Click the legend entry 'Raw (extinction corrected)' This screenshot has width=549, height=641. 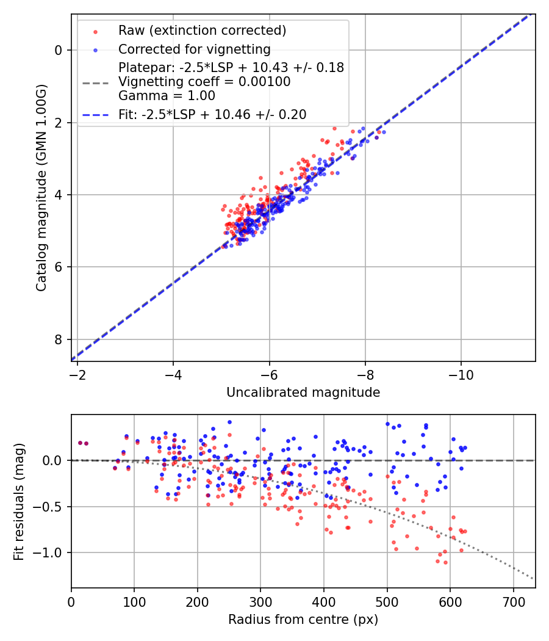pos(203,31)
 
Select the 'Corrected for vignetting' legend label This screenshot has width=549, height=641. pos(195,49)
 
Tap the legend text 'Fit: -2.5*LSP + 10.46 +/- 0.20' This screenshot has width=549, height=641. pos(212,114)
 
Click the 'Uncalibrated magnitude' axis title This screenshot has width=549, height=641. pos(303,393)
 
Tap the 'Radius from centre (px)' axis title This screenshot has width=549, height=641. pos(303,620)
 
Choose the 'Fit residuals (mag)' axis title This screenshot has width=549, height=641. pos(18,501)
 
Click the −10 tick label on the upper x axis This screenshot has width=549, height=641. pos(461,374)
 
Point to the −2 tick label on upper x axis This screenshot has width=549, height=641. pos(77,374)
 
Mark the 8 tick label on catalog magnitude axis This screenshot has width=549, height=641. pos(59,339)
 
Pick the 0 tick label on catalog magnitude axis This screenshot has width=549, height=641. pos(59,50)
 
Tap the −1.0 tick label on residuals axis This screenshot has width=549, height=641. pos(49,553)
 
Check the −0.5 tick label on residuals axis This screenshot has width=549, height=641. pos(49,507)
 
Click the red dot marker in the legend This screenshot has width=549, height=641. pos(95,31)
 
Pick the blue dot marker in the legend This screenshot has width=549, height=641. pos(95,49)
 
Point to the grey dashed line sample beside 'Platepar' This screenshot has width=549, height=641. pos(95,82)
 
